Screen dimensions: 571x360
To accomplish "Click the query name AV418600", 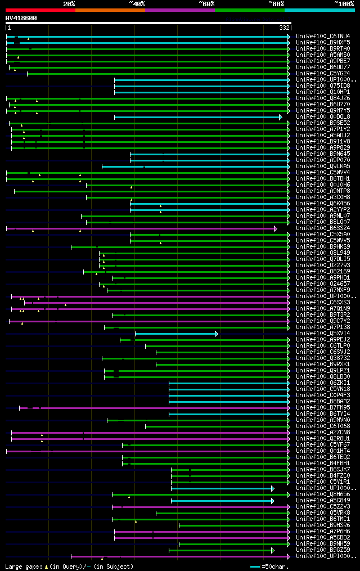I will click(21, 18).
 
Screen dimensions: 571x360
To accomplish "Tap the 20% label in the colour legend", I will click(69, 4).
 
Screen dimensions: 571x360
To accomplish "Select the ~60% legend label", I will click(206, 4).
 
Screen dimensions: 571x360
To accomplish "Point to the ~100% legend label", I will click(344, 4).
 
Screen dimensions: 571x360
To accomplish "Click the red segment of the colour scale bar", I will click(40, 10).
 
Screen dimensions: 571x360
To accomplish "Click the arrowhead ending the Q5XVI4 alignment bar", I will click(217, 334).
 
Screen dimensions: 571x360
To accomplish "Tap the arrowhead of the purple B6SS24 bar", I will click(276, 228).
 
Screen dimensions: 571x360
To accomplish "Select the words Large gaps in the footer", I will click(22, 566).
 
